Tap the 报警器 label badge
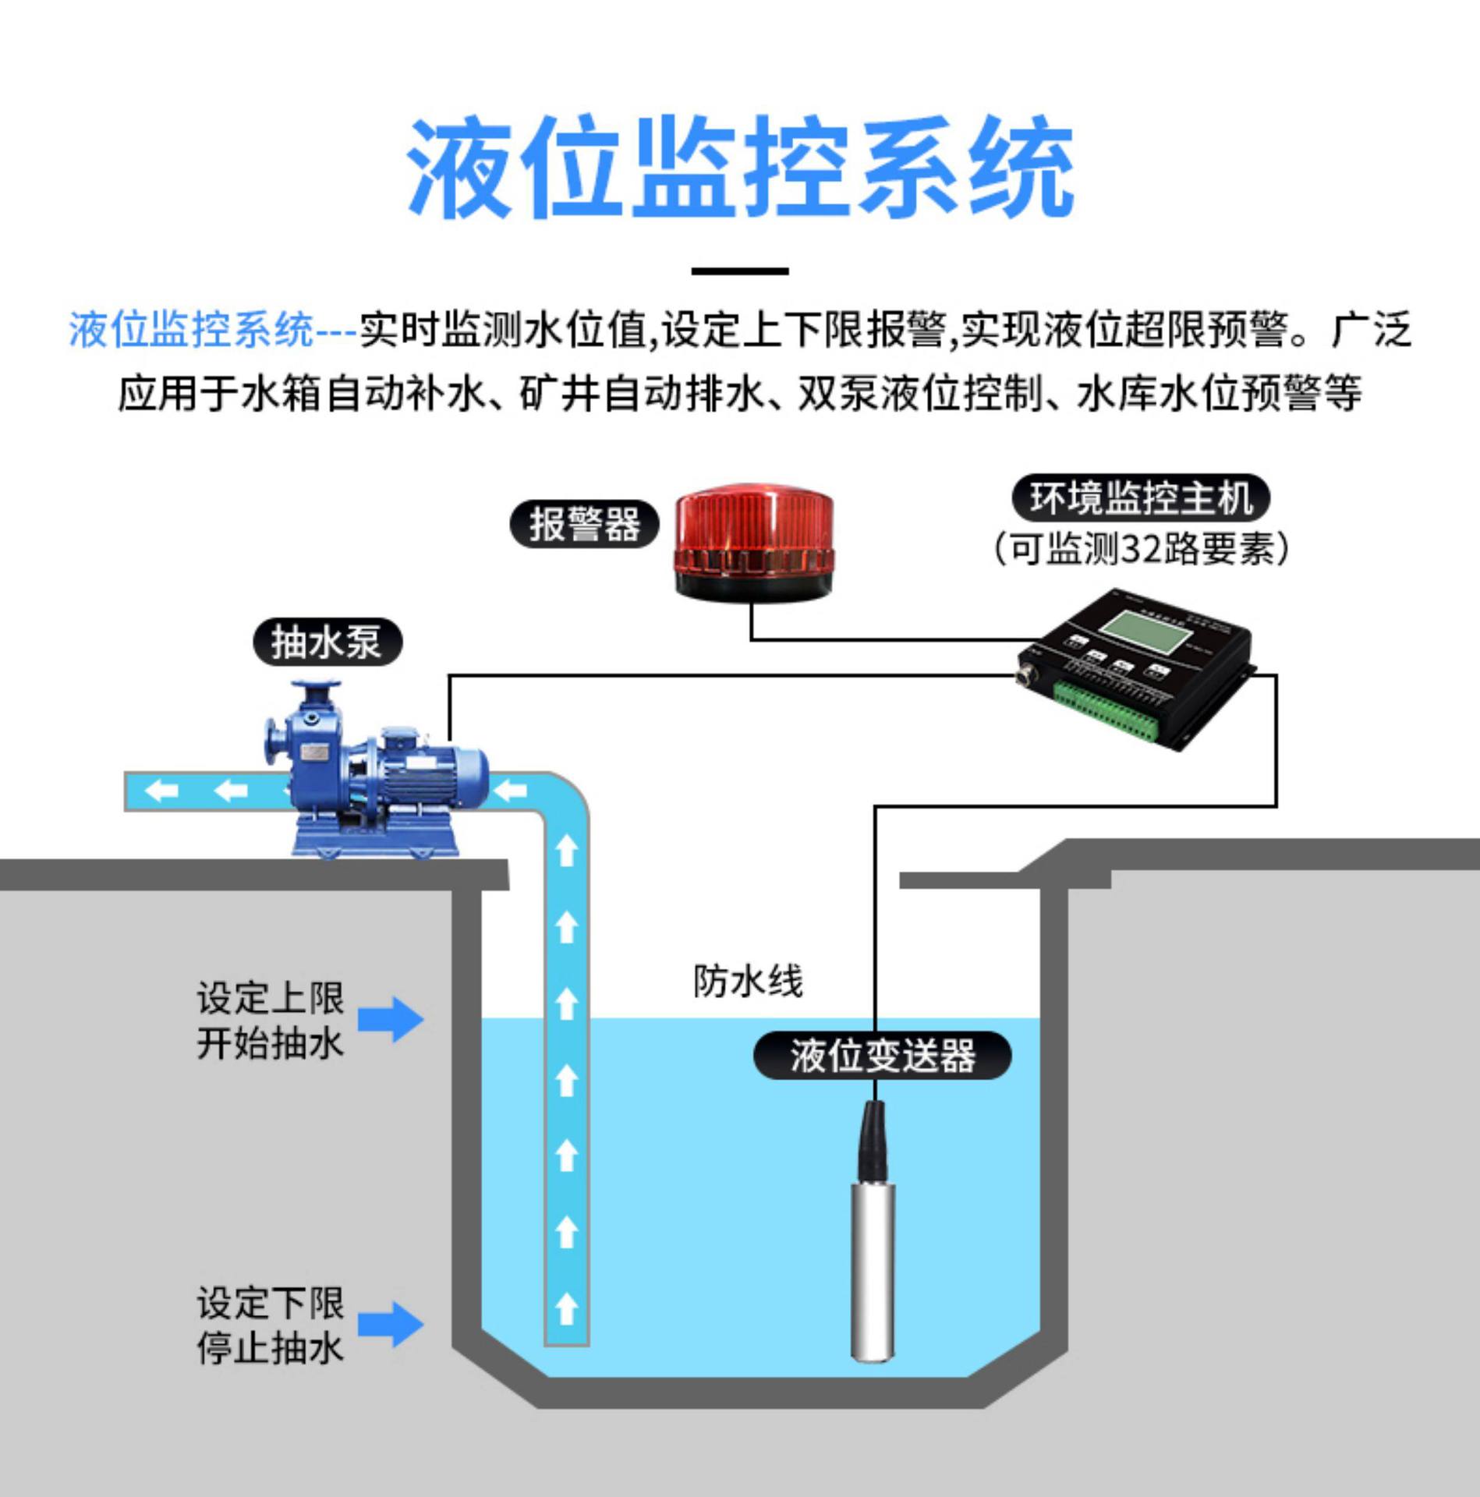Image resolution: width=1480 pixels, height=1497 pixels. click(x=584, y=524)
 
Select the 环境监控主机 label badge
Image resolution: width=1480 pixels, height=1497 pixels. click(x=1141, y=497)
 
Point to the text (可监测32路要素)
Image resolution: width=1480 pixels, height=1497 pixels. click(x=1141, y=548)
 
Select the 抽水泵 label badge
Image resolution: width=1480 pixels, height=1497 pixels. click(x=327, y=643)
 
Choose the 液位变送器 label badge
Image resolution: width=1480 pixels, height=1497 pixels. click(x=882, y=1056)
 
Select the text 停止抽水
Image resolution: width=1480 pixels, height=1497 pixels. click(x=270, y=1348)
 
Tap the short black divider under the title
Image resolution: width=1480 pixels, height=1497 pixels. click(x=740, y=271)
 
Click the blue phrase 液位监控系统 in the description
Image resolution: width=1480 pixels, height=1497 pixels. click(x=191, y=330)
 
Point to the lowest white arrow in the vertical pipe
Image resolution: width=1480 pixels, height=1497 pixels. click(x=567, y=1307)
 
